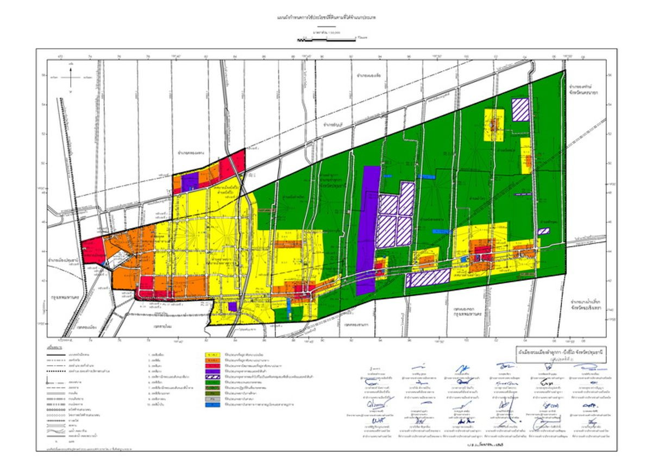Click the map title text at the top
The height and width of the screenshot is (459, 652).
coord(326,18)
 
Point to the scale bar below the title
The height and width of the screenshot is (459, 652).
coord(326,40)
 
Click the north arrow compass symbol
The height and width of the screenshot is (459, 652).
coord(71,77)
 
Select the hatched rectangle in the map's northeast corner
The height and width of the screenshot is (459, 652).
coord(521,109)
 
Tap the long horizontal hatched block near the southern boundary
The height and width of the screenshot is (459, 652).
coord(428,278)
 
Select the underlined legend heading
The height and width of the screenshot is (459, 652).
coord(53,346)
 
